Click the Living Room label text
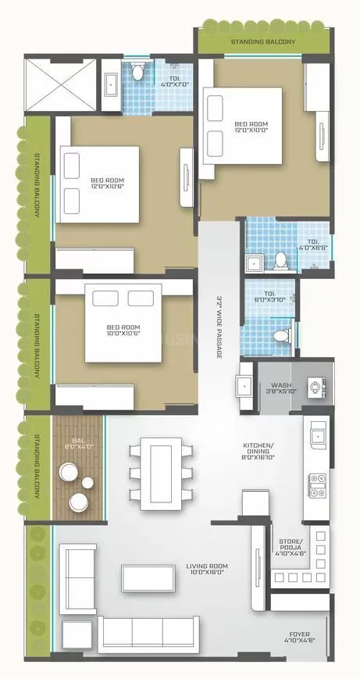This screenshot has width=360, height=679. click(x=206, y=568)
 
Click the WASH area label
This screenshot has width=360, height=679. click(x=280, y=389)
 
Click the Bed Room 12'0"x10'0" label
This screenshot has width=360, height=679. click(x=252, y=127)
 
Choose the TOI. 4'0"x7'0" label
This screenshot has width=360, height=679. click(x=174, y=81)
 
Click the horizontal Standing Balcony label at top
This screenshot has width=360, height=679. click(x=262, y=42)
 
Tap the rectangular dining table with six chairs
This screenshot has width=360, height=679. click(x=162, y=473)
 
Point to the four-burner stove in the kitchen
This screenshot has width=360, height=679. click(x=318, y=485)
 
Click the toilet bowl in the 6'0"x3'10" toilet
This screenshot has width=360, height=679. click(x=283, y=335)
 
